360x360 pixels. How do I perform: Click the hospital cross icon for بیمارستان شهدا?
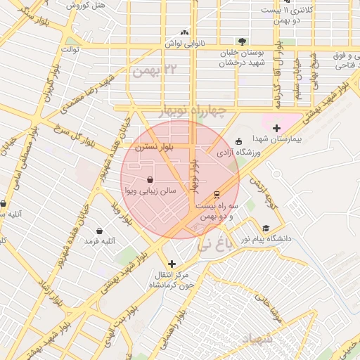276,129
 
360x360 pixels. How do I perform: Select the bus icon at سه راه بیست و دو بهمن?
217,193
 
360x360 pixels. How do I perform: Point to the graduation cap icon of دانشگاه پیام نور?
266,228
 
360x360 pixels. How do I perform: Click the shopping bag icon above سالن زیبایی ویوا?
150,180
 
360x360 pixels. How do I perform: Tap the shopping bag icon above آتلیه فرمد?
99,231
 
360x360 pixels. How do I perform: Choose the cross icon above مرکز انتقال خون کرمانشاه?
172,264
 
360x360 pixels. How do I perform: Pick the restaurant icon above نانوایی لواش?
185,32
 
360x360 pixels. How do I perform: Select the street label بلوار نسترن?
154,148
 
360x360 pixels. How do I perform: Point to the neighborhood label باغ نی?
213,245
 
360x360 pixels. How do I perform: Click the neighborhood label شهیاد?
257,340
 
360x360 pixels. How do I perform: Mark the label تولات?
72,50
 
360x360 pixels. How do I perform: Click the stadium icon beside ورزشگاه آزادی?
238,141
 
